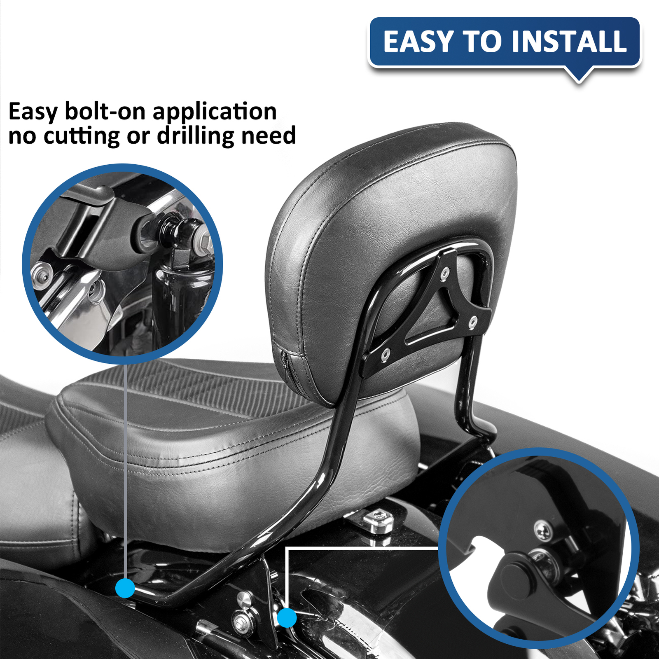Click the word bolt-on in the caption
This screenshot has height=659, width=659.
[106, 112]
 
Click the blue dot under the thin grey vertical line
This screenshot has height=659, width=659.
[125, 588]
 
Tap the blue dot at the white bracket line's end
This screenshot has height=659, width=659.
[287, 618]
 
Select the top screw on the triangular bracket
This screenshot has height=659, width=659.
[445, 273]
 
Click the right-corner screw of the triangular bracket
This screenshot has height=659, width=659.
[473, 322]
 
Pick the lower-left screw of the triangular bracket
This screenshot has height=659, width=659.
[386, 353]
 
